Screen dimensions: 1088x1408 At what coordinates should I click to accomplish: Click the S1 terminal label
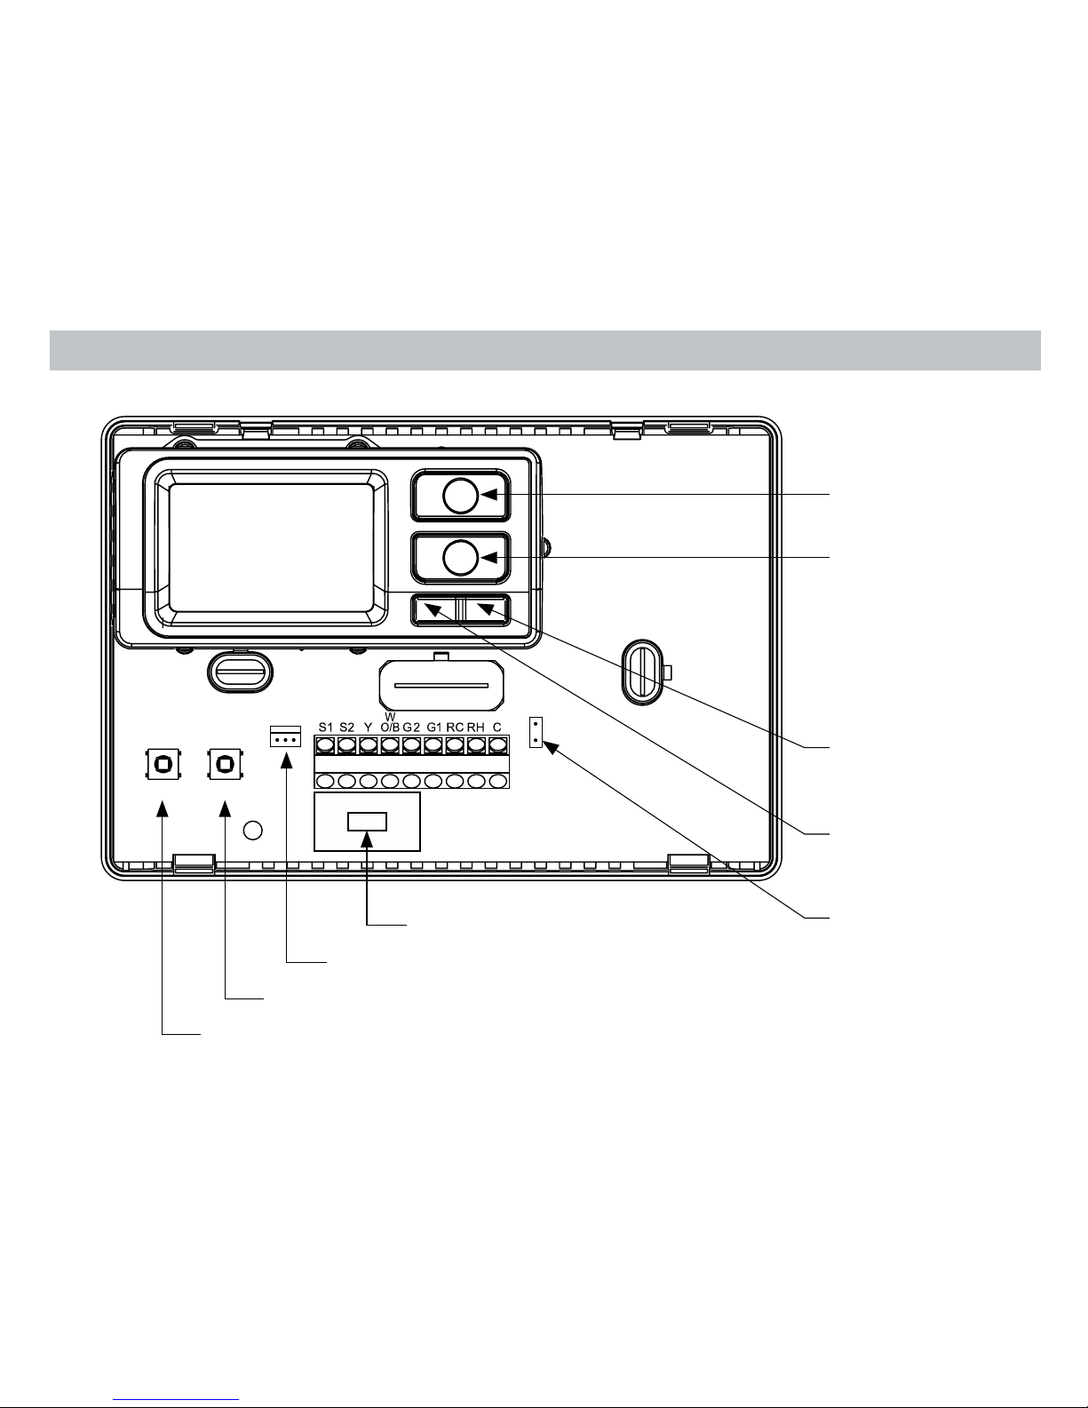tap(326, 728)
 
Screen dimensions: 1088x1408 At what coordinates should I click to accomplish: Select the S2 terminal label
tap(347, 728)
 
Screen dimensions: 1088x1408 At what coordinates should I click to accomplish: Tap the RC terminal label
tap(455, 728)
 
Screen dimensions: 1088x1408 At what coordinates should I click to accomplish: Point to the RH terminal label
tap(476, 728)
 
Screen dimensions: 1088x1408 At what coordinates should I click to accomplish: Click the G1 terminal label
tap(434, 728)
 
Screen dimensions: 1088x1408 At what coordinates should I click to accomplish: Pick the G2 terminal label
tap(411, 728)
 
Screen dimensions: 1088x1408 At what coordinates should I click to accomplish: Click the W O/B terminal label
tap(390, 723)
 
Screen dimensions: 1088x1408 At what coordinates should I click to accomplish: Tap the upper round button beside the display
tap(460, 496)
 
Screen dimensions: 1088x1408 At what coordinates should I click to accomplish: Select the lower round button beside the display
tap(460, 557)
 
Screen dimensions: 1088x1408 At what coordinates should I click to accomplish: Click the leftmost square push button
tap(163, 764)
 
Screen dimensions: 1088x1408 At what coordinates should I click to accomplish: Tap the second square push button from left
tap(225, 764)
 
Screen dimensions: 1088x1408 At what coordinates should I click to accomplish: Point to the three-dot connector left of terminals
tap(286, 736)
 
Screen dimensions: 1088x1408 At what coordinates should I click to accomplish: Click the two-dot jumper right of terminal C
tap(536, 732)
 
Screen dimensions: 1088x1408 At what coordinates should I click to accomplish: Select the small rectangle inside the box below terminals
tap(367, 822)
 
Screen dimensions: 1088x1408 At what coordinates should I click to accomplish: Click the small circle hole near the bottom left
tap(252, 830)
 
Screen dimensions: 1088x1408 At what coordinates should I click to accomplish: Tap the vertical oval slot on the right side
tap(642, 672)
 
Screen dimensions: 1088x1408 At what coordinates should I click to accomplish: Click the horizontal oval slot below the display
tap(241, 672)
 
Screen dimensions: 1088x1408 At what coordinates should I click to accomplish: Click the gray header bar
tap(545, 351)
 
